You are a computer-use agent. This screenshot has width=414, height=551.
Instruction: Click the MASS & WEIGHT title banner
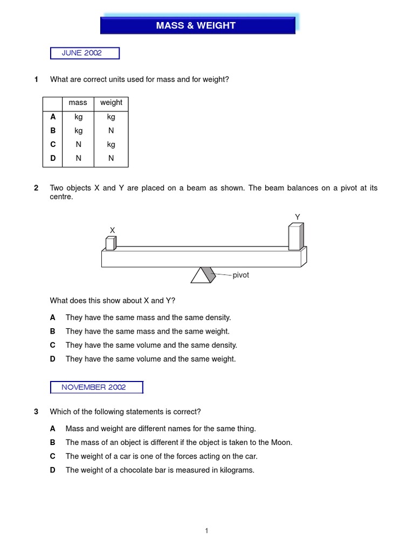(197, 25)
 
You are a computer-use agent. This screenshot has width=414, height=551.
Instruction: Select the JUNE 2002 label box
(85, 53)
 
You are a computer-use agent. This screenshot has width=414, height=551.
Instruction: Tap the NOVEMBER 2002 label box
(96, 387)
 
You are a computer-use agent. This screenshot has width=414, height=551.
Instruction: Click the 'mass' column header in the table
(78, 103)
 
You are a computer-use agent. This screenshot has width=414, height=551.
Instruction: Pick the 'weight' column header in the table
(111, 103)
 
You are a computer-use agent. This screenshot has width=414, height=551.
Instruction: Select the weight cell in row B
(111, 131)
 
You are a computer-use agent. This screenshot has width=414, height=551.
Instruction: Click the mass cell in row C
(78, 145)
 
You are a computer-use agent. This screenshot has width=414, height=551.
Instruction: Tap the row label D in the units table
(52, 158)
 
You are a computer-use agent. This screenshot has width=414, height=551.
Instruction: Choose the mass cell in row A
(78, 117)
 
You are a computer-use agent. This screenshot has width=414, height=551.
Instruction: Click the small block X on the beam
(111, 243)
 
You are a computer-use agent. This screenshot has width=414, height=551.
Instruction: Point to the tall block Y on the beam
(295, 237)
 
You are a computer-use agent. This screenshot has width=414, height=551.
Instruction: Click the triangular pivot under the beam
(203, 275)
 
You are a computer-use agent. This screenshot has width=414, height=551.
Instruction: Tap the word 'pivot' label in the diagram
(241, 275)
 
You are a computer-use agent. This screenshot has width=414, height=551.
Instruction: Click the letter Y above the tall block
(297, 217)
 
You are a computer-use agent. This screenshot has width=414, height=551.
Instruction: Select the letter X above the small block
(112, 230)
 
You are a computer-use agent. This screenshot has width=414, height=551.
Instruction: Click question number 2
(36, 188)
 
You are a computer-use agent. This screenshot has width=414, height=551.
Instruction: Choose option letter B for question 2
(53, 331)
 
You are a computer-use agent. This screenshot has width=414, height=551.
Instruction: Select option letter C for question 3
(53, 456)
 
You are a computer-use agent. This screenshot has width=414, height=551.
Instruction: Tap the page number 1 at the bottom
(206, 531)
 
